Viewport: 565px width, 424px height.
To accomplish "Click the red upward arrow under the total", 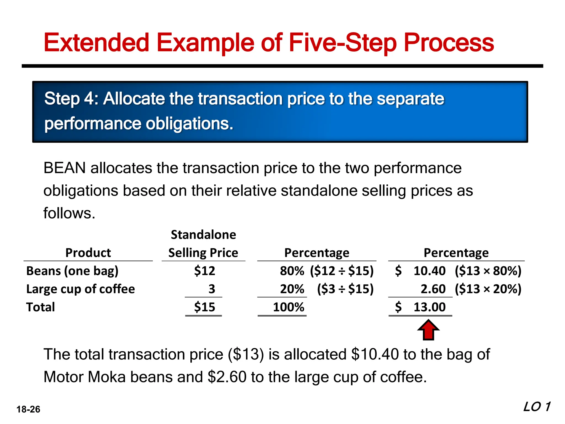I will pyautogui.click(x=428, y=330).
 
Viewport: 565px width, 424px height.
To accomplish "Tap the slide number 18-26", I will pyautogui.click(x=28, y=409).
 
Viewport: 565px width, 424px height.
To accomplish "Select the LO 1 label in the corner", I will pyautogui.click(x=537, y=407).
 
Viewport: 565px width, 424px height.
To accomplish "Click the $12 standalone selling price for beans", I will pyautogui.click(x=204, y=271).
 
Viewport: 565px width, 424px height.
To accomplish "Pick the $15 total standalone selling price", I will pyautogui.click(x=204, y=307).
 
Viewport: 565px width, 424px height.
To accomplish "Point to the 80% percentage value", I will pyautogui.click(x=292, y=271).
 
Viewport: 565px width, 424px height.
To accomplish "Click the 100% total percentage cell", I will pyautogui.click(x=288, y=307).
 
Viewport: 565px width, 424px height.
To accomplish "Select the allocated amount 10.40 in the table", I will pyautogui.click(x=429, y=271).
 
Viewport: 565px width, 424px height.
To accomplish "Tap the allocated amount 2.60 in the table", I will pyautogui.click(x=433, y=289).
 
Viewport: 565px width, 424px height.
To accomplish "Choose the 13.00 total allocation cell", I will pyautogui.click(x=429, y=307).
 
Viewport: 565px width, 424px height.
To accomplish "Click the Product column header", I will pyautogui.click(x=88, y=253).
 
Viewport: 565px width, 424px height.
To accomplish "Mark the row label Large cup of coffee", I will pyautogui.click(x=81, y=289).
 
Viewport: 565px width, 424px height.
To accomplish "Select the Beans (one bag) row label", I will pyautogui.click(x=72, y=271).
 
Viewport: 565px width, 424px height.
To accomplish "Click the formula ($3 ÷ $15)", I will pyautogui.click(x=345, y=289).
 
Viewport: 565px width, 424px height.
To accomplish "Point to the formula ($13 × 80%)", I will pyautogui.click(x=488, y=271).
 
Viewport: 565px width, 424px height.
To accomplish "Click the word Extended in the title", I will pyautogui.click(x=96, y=43).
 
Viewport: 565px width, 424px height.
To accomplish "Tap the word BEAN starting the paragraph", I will pyautogui.click(x=65, y=168).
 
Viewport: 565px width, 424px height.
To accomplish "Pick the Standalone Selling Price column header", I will pyautogui.click(x=203, y=244).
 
